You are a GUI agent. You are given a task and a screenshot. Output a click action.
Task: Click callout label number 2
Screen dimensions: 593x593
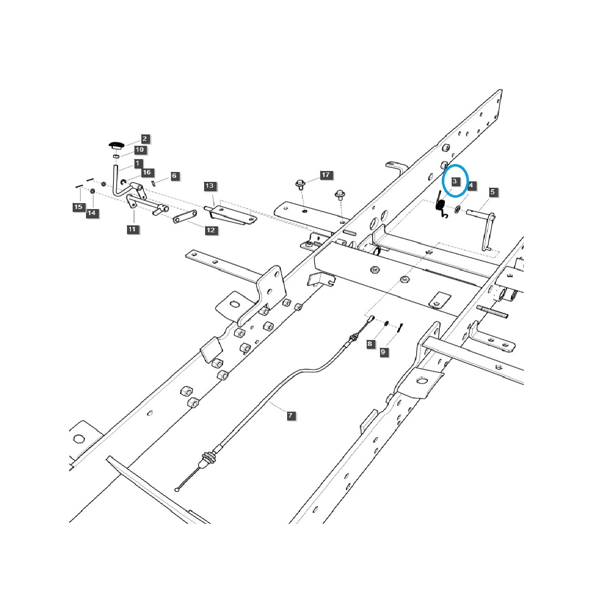144,139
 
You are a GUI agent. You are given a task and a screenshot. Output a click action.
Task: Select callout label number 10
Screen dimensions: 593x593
139,149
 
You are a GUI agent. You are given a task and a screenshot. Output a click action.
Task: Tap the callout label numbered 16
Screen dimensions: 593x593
147,172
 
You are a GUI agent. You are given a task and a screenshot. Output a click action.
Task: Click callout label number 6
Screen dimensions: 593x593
173,175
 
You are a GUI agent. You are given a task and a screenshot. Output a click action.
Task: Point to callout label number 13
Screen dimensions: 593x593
210,186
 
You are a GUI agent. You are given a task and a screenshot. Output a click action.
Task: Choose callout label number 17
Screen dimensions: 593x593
325,175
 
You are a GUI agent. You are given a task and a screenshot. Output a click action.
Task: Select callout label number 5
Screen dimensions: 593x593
492,191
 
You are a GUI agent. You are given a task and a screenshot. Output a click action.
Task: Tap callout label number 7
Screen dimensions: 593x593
291,416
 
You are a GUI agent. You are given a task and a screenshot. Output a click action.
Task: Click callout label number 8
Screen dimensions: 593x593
370,343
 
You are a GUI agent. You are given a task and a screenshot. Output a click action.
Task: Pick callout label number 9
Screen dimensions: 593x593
383,352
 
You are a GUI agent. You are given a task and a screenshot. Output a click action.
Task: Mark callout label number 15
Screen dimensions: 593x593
78,207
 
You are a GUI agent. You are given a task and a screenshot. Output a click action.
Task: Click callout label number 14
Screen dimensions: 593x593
91,213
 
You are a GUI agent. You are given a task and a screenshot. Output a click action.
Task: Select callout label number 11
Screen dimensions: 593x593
131,229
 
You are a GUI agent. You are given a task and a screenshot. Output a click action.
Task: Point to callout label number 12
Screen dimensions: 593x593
211,230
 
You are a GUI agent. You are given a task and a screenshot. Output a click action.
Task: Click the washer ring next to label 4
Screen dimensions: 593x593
457,210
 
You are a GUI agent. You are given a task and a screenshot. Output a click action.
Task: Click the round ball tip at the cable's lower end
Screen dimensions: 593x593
177,489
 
